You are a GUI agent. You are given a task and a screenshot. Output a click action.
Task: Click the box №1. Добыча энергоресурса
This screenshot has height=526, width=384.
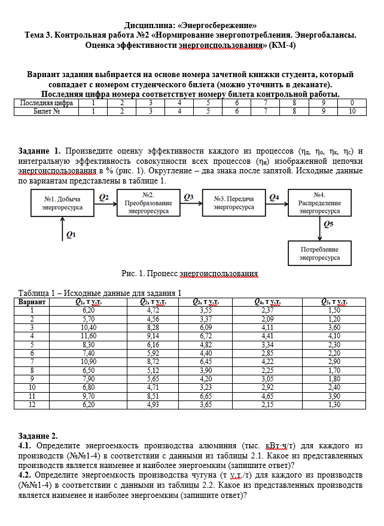pyautogui.click(x=63, y=203)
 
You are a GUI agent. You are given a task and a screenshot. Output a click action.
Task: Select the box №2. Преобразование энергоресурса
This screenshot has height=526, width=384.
pyautogui.click(x=149, y=203)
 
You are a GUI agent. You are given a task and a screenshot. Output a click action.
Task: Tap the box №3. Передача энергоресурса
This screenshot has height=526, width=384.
pyautogui.click(x=234, y=203)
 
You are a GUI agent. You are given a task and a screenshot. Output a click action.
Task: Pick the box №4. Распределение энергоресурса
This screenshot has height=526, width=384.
pyautogui.click(x=319, y=203)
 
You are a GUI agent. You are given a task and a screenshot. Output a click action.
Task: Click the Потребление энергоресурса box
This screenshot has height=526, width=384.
pyautogui.click(x=319, y=253)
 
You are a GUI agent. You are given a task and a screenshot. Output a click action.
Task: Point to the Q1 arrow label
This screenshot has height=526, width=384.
pyautogui.click(x=71, y=235)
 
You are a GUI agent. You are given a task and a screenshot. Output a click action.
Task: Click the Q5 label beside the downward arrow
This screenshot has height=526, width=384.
pyautogui.click(x=328, y=224)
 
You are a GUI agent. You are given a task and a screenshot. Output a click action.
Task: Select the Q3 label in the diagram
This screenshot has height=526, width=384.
pyautogui.click(x=189, y=197)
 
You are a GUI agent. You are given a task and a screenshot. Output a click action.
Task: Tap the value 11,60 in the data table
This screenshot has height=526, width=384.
pyautogui.click(x=89, y=336)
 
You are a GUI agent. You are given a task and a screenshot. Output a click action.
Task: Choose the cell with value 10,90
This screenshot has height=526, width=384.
pyautogui.click(x=89, y=362)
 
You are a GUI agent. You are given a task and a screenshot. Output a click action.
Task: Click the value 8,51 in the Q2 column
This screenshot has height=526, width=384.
pyautogui.click(x=153, y=396)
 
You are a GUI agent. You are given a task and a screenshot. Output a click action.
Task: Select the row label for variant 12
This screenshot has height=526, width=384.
pyautogui.click(x=32, y=404)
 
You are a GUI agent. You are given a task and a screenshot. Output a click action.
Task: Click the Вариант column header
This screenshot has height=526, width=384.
pyautogui.click(x=32, y=302)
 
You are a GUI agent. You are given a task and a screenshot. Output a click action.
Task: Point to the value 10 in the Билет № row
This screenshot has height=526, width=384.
pyautogui.click(x=352, y=111)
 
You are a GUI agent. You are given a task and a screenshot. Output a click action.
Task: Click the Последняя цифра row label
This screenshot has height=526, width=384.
pyautogui.click(x=46, y=103)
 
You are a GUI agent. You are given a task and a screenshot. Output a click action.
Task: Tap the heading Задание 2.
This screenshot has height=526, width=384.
pyautogui.click(x=38, y=436)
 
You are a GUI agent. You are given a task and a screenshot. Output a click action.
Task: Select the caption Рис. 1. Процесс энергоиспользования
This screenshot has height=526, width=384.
pyautogui.click(x=190, y=273)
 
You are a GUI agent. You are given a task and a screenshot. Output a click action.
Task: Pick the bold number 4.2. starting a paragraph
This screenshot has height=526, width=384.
pyautogui.click(x=26, y=475)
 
